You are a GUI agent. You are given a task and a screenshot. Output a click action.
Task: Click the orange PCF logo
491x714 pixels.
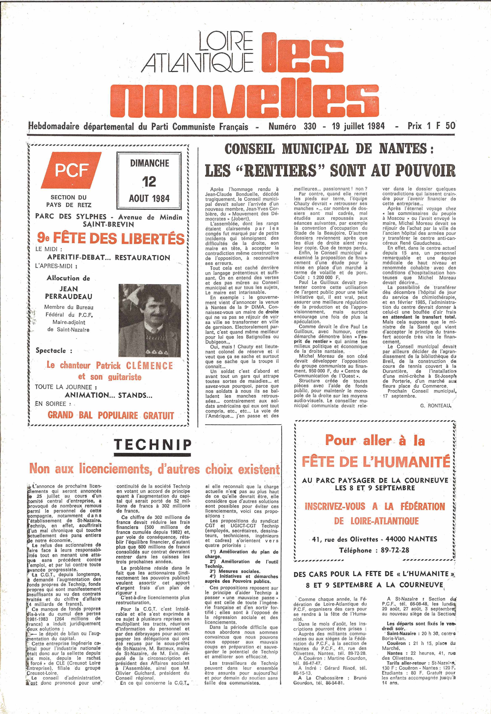(72, 170)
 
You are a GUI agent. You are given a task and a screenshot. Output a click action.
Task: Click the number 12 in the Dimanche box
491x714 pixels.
(149, 181)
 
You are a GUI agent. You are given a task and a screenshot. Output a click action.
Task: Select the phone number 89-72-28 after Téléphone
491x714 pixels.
(395, 550)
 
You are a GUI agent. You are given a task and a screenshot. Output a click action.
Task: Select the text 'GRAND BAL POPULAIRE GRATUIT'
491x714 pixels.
(111, 415)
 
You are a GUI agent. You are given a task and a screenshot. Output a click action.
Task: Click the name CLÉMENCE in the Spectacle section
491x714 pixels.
(150, 366)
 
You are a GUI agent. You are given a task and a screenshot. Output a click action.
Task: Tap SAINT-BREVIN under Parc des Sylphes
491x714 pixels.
(108, 224)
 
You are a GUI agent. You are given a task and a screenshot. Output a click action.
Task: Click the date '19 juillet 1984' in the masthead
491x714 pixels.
(358, 126)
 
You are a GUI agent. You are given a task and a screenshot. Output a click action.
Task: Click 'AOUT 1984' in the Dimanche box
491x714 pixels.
(149, 199)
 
